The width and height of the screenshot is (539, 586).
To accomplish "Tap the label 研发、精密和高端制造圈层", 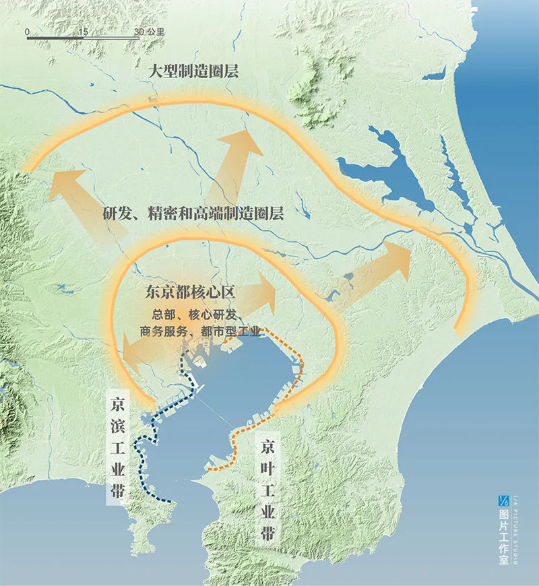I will [193, 214].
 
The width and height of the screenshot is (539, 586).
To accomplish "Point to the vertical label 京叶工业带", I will [268, 491].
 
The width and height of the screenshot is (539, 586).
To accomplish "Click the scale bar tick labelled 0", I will [27, 32].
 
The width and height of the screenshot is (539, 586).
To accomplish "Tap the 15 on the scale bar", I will [84, 32].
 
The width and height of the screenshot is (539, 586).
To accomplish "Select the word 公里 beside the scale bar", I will [156, 32].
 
